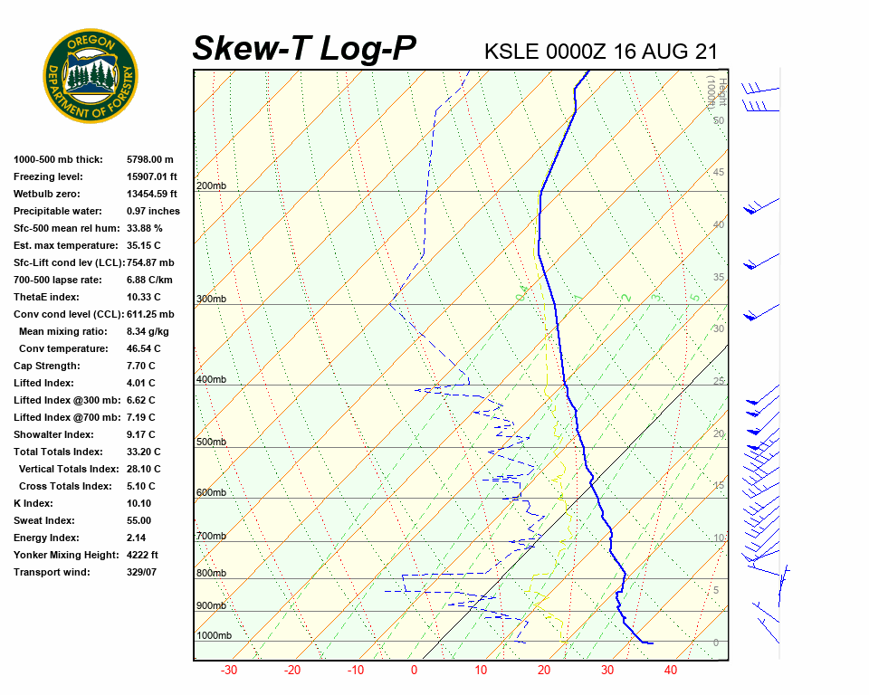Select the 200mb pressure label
[x=211, y=186]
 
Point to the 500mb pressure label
[x=211, y=443]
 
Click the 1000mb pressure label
[x=214, y=636]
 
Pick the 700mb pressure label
[x=211, y=537]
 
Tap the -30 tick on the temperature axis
[x=229, y=671]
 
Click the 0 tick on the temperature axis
[x=415, y=671]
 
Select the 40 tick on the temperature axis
[x=671, y=671]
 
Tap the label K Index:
[x=33, y=503]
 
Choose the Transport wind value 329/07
[x=142, y=572]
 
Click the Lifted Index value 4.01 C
[x=140, y=383]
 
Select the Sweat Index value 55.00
[x=139, y=520]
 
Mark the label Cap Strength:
[x=46, y=366]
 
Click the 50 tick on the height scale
[x=719, y=120]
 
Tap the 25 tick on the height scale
[x=719, y=382]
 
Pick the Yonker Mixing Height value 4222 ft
[x=142, y=555]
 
